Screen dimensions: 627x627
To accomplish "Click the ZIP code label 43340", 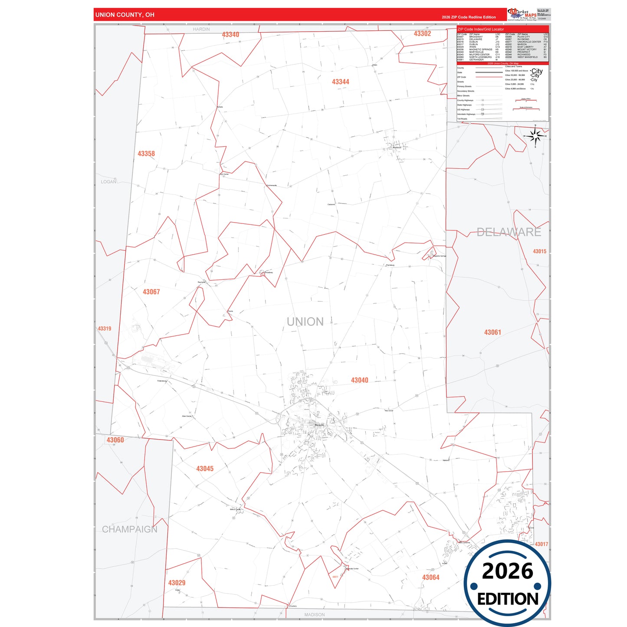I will pyautogui.click(x=230, y=35).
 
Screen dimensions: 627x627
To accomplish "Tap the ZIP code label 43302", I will pyautogui.click(x=422, y=34).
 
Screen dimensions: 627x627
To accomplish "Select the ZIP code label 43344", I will pyautogui.click(x=341, y=82).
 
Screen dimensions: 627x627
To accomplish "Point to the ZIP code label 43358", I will pyautogui.click(x=146, y=154).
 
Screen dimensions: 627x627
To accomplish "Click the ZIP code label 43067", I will pyautogui.click(x=151, y=292).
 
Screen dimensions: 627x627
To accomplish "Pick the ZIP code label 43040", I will pyautogui.click(x=360, y=380).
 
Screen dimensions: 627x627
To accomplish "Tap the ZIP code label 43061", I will pyautogui.click(x=492, y=332).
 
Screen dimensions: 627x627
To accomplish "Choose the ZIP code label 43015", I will pyautogui.click(x=539, y=251).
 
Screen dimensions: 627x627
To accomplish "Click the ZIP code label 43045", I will pyautogui.click(x=205, y=469).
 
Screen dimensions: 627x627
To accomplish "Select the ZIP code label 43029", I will pyautogui.click(x=177, y=583).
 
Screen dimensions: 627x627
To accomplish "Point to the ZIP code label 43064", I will pyautogui.click(x=431, y=578).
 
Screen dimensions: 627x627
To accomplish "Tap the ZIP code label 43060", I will pyautogui.click(x=115, y=440).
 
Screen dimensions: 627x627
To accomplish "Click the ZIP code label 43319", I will pyautogui.click(x=105, y=328).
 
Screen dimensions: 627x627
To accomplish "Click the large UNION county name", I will pyautogui.click(x=305, y=322).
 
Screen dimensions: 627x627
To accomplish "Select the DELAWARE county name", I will pyautogui.click(x=509, y=232).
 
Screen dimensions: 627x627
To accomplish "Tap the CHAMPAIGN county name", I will pyautogui.click(x=130, y=529).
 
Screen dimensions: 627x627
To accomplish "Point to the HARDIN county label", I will pyautogui.click(x=201, y=29).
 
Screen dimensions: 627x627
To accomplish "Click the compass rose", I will pyautogui.click(x=535, y=136).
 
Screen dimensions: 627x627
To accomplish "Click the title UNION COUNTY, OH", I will pyautogui.click(x=125, y=15).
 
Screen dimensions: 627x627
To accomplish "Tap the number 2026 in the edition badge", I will pyautogui.click(x=508, y=571).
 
